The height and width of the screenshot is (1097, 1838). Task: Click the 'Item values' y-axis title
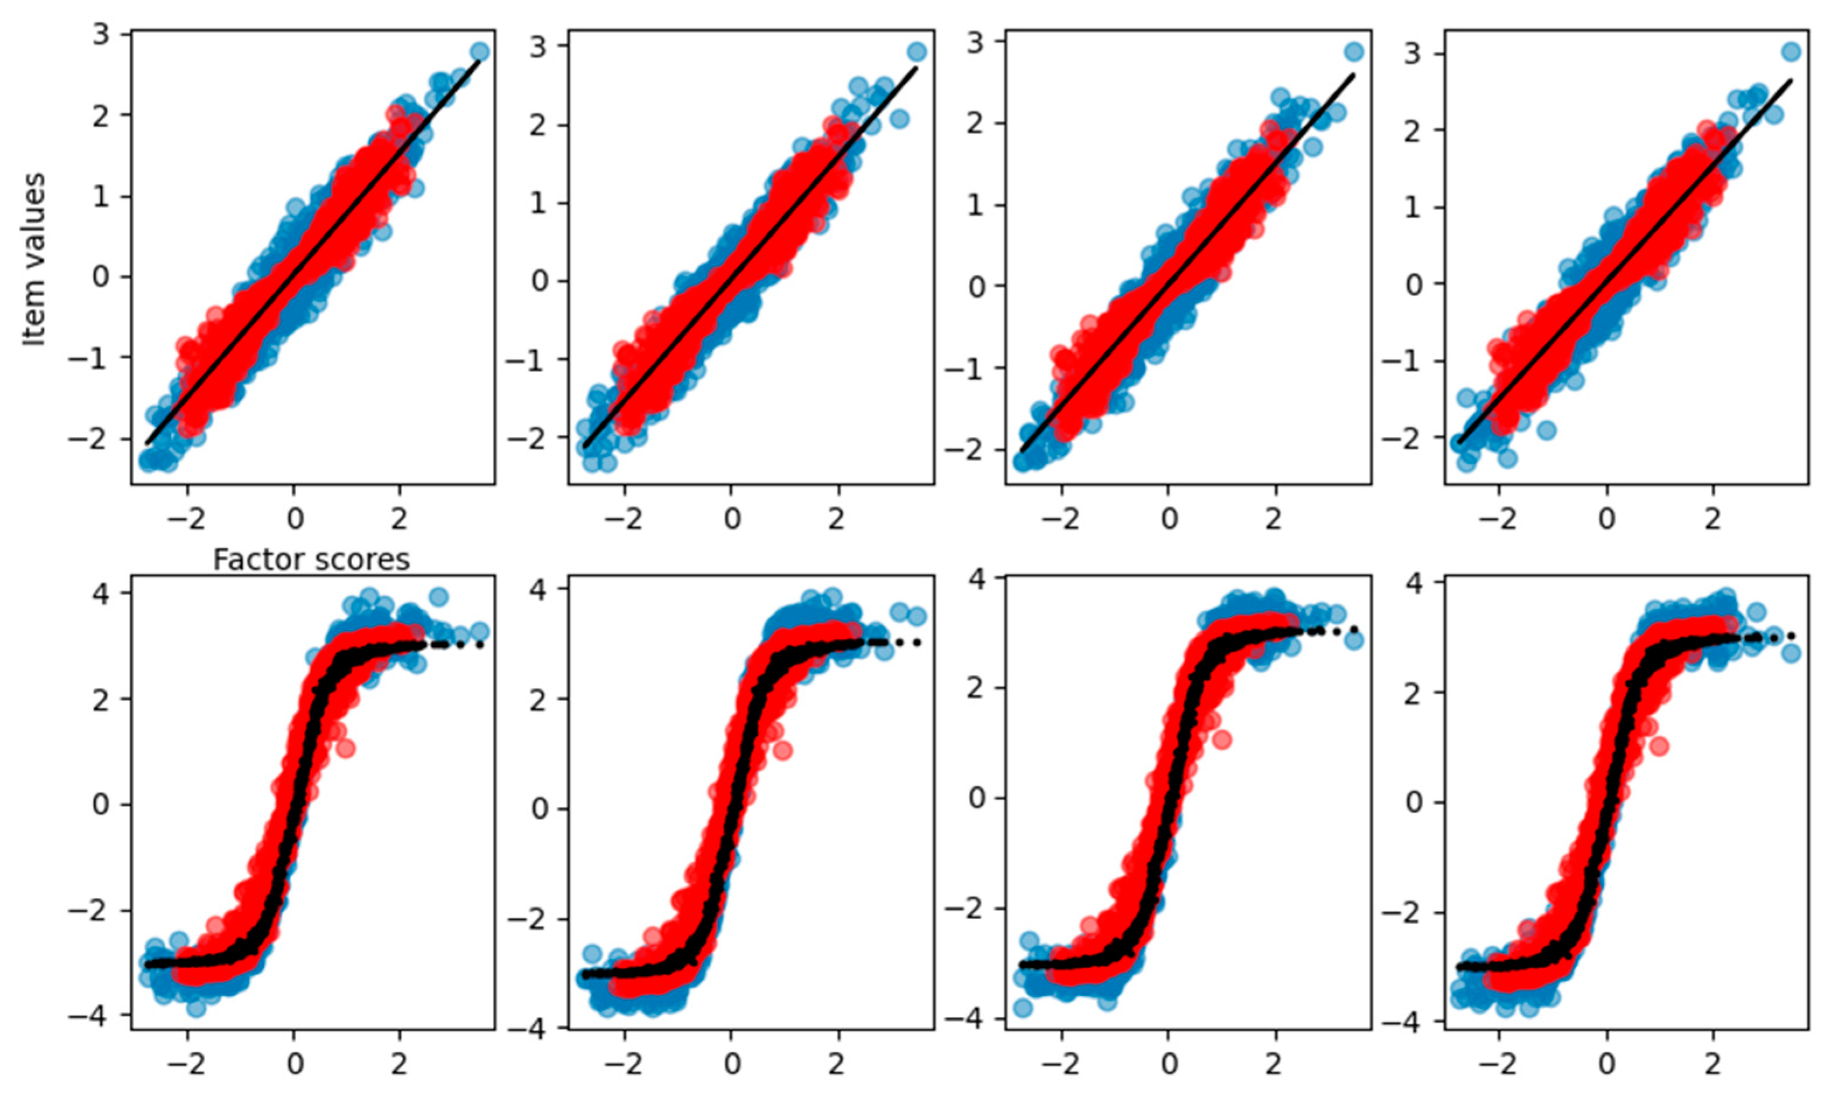coord(33,259)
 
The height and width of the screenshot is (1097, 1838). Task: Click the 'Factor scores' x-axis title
coord(311,560)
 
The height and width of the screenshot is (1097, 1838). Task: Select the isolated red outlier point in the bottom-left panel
coord(345,749)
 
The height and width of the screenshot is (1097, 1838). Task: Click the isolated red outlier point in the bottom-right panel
coord(1659,746)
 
